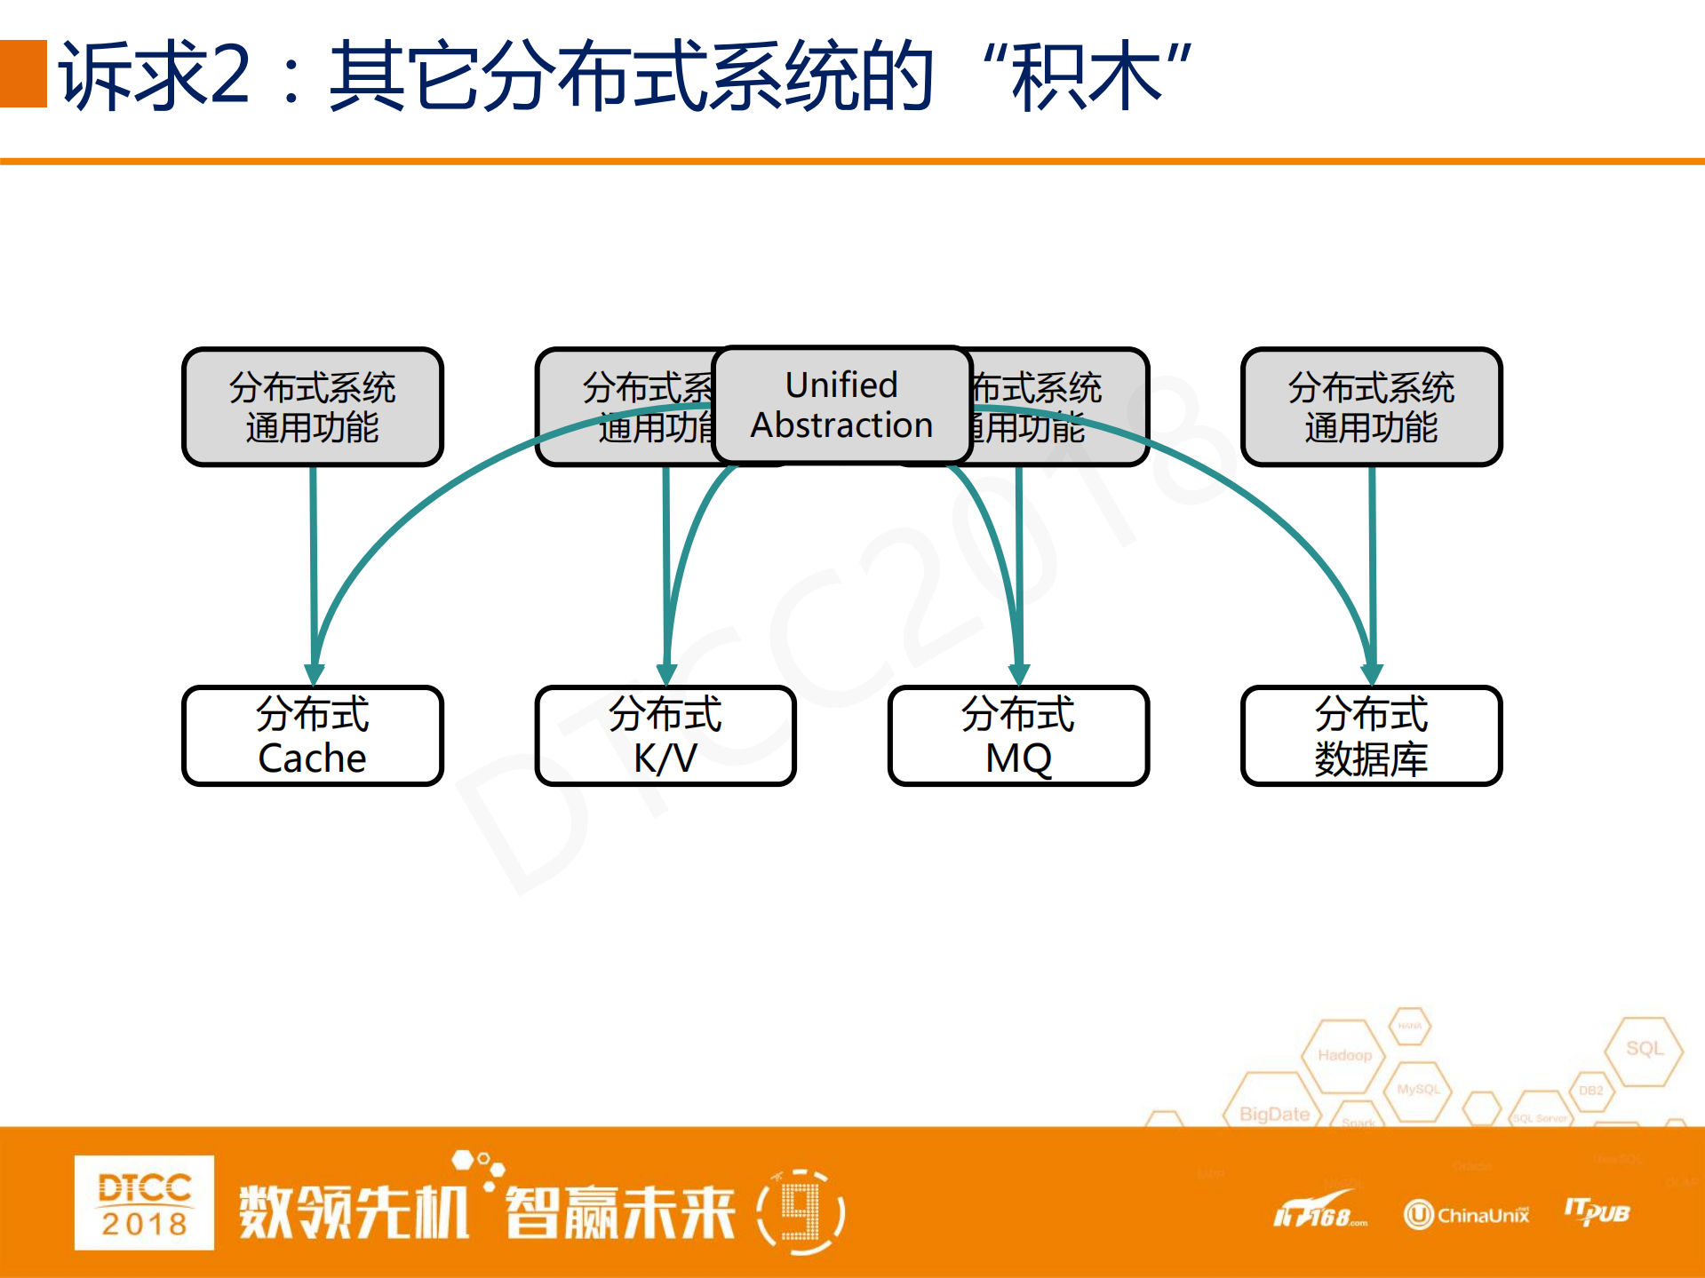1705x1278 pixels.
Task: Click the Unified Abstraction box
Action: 841,405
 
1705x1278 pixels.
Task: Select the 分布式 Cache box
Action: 312,735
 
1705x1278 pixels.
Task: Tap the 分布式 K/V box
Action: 665,735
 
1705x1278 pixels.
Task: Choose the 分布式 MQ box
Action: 1018,735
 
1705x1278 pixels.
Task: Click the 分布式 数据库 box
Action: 1371,735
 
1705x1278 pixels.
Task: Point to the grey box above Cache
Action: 312,407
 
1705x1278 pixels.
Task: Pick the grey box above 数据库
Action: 1371,407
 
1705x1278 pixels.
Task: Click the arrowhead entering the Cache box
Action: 314,675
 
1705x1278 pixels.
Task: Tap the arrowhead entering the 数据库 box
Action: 1372,675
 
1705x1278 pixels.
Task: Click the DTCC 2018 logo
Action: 144,1203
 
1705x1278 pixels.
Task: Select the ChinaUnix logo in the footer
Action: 1467,1214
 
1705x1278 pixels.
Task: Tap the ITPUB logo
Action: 1597,1211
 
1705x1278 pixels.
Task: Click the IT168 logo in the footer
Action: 1319,1213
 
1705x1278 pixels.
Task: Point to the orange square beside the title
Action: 23,74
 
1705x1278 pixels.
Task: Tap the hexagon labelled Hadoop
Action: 1344,1055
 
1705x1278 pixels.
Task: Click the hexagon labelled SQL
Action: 1644,1049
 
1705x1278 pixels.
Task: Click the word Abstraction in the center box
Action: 841,425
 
